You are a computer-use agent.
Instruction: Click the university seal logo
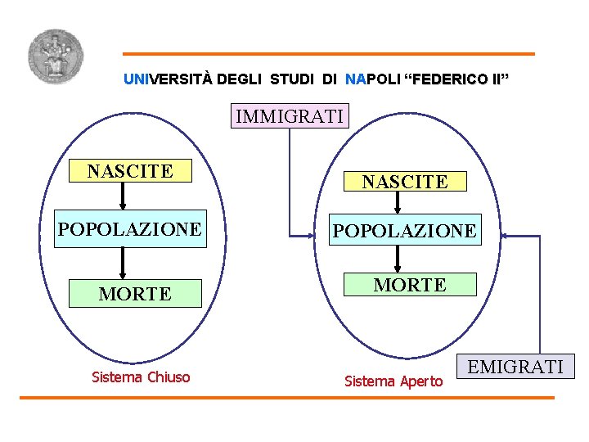[55, 56]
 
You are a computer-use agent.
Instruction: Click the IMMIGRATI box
[290, 116]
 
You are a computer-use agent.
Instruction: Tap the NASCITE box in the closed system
[130, 170]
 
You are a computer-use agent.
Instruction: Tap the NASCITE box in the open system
[405, 181]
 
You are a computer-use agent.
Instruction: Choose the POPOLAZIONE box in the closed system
[129, 229]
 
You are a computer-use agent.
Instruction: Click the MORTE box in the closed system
[135, 293]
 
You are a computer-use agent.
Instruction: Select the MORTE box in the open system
[410, 284]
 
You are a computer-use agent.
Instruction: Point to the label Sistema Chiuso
[141, 377]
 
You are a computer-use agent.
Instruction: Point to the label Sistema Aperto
[393, 381]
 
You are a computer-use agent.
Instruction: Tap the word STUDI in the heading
[292, 79]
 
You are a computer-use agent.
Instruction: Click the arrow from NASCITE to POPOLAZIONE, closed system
[124, 196]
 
